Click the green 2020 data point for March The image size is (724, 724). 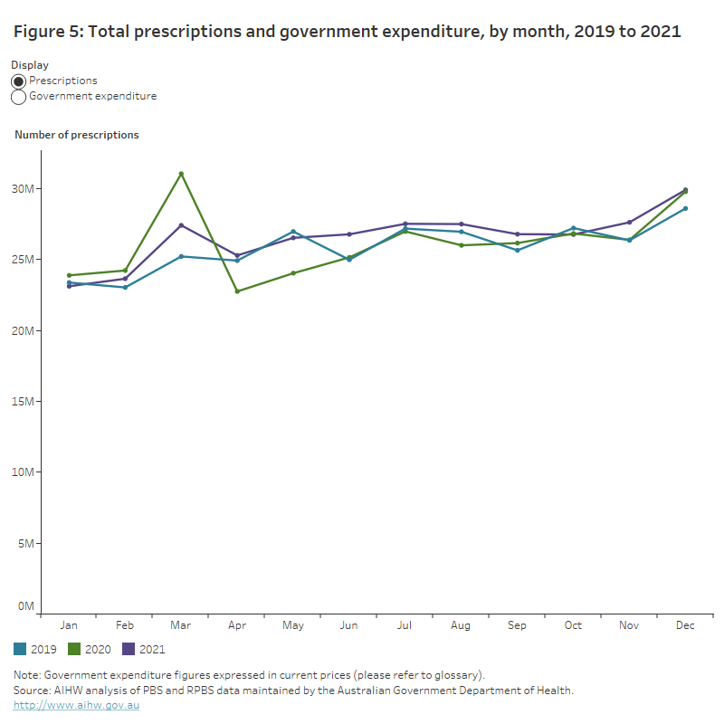pyautogui.click(x=181, y=174)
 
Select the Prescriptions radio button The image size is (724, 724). pyautogui.click(x=19, y=81)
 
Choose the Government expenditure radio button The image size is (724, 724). pyautogui.click(x=19, y=97)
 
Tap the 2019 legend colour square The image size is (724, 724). pyautogui.click(x=20, y=649)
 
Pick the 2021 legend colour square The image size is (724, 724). pyautogui.click(x=129, y=649)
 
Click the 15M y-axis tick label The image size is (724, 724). pyautogui.click(x=24, y=402)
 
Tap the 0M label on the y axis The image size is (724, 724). pyautogui.click(x=27, y=606)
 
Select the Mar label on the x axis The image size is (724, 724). pyautogui.click(x=181, y=625)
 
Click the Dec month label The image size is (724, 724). pyautogui.click(x=685, y=625)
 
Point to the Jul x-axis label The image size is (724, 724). pyautogui.click(x=405, y=625)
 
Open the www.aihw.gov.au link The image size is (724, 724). pyautogui.click(x=76, y=705)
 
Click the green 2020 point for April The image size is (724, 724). pyautogui.click(x=237, y=291)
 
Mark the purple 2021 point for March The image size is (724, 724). pyautogui.click(x=181, y=225)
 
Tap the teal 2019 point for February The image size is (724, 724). pyautogui.click(x=125, y=288)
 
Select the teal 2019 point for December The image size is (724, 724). pyautogui.click(x=685, y=208)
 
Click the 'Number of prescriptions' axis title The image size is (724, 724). pyautogui.click(x=77, y=135)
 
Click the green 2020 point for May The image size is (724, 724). pyautogui.click(x=293, y=273)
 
